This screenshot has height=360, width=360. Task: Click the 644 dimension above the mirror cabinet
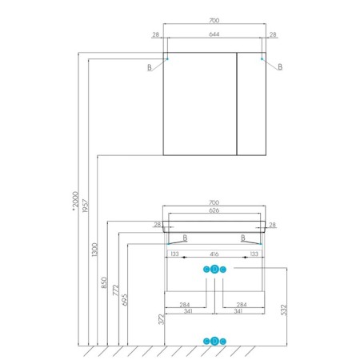[x=214, y=34]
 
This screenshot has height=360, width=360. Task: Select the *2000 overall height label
[x=75, y=201]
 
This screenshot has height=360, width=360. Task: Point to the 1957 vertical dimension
[x=85, y=206]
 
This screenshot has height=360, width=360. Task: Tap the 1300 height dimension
[x=94, y=250]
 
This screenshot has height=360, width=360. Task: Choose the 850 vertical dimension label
[x=104, y=282]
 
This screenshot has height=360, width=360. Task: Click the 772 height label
[x=116, y=290]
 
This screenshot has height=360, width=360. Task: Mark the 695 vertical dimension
[x=125, y=300]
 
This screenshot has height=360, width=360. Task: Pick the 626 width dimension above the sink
[x=214, y=210]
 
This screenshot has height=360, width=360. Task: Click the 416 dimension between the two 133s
[x=214, y=254]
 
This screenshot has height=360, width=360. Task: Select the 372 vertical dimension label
[x=161, y=319]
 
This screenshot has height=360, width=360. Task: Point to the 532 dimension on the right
[x=283, y=310]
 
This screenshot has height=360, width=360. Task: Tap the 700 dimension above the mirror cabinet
[x=214, y=21]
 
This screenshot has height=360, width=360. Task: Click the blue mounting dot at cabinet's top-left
[x=167, y=58]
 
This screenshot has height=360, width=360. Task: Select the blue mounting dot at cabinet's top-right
[x=262, y=58]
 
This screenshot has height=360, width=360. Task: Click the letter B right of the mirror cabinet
[x=280, y=67]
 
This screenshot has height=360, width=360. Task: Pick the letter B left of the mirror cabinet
[x=150, y=67]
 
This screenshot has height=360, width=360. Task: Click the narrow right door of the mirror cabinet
[x=251, y=104]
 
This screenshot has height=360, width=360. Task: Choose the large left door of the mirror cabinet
[x=200, y=104]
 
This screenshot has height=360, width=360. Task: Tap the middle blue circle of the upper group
[x=214, y=270]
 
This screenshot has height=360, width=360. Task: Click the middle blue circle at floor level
[x=214, y=341]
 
